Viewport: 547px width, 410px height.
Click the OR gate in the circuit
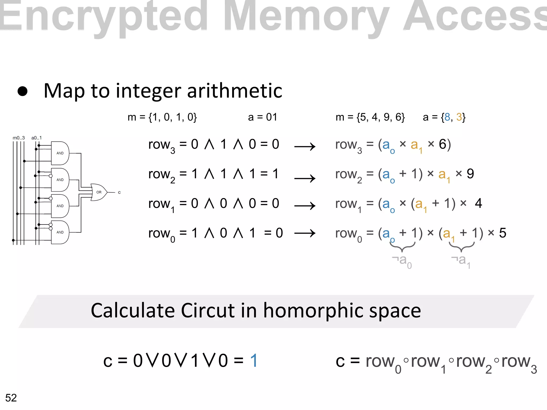coord(98,192)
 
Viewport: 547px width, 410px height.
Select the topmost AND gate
coord(60,153)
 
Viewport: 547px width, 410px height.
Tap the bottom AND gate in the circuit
coord(60,232)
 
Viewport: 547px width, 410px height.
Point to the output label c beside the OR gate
coord(119,192)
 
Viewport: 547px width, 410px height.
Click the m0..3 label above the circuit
coord(19,138)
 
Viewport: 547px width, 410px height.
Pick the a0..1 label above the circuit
coord(37,138)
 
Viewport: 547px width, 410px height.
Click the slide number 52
coord(11,398)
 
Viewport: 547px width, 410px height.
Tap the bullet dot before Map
coord(22,91)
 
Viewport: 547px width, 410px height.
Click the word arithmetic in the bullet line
coord(235,91)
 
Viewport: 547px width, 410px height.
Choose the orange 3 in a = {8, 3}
coord(459,117)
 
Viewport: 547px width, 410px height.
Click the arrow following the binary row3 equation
coord(305,147)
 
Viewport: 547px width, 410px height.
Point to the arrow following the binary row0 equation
coord(305,233)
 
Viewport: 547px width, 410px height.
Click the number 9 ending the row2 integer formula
coord(470,174)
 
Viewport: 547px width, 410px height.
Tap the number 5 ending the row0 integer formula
coord(503,233)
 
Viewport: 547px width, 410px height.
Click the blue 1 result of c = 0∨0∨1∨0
coord(254,361)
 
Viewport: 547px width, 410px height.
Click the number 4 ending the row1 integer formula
coord(478,203)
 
